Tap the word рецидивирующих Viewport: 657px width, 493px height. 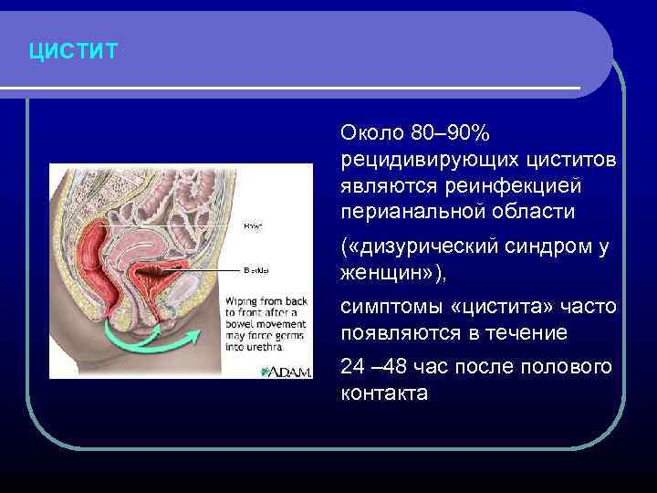pyautogui.click(x=428, y=160)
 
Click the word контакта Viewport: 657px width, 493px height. pyautogui.click(x=383, y=393)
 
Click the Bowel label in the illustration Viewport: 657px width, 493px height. pyautogui.click(x=253, y=226)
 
